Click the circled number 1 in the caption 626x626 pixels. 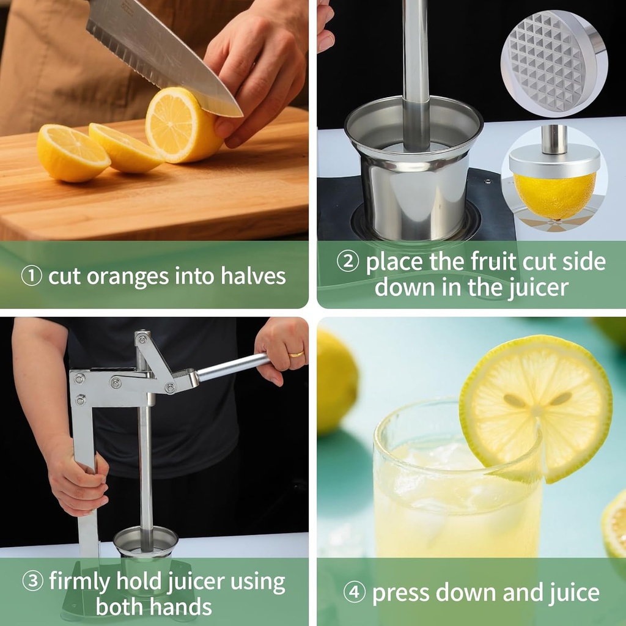(31, 276)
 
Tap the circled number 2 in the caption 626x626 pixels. (348, 262)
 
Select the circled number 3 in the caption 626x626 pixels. (32, 581)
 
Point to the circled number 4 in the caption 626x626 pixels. (354, 592)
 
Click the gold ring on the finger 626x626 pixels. (296, 353)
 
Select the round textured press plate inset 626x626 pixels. (552, 63)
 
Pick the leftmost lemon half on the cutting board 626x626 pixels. (72, 153)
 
